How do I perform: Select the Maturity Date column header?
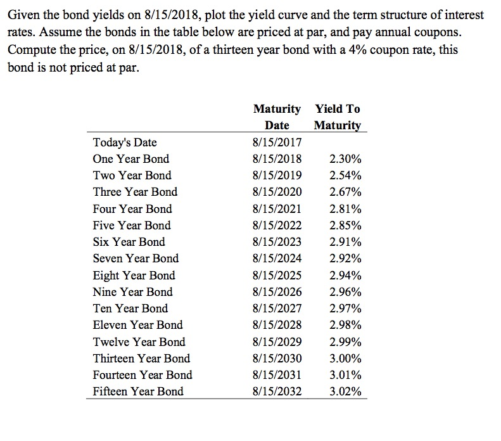[x=277, y=117]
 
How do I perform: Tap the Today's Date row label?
[x=125, y=142]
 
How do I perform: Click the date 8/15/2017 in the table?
[x=277, y=142]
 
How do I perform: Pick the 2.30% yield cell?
[x=346, y=158]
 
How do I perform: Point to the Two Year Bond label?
[x=132, y=175]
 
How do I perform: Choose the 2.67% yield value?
[x=346, y=192]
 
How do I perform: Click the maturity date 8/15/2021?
[x=277, y=208]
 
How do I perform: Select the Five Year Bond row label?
[x=132, y=225]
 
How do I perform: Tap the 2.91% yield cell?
[x=346, y=241]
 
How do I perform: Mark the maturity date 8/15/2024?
[x=277, y=259]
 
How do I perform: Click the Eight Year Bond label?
[x=134, y=275]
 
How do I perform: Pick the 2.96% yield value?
[x=346, y=291]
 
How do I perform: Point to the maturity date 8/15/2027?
[x=277, y=309]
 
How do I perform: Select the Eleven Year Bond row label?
[x=137, y=325]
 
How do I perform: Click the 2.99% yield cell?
[x=346, y=342]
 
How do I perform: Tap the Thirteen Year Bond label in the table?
[x=141, y=358]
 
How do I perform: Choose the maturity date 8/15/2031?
[x=277, y=375]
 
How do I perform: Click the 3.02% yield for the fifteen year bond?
[x=346, y=392]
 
